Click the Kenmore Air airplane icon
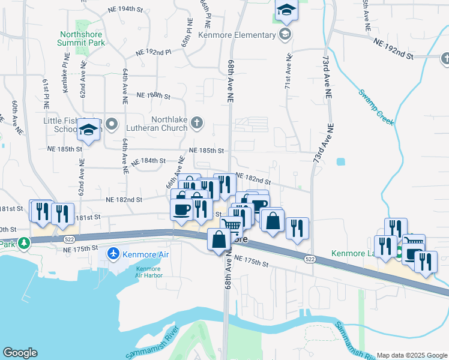112,254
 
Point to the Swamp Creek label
376,107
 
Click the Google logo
20,353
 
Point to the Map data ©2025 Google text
412,355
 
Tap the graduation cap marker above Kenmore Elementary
286,10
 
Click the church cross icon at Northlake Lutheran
196,124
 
